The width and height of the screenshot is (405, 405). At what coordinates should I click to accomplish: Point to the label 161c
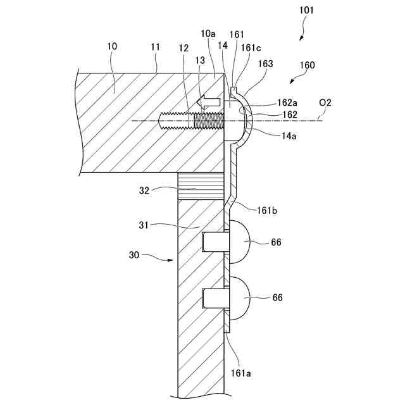click(249, 47)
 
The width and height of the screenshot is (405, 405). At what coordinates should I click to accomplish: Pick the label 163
click(267, 64)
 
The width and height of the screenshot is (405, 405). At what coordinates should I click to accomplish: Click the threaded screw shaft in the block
click(190, 120)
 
